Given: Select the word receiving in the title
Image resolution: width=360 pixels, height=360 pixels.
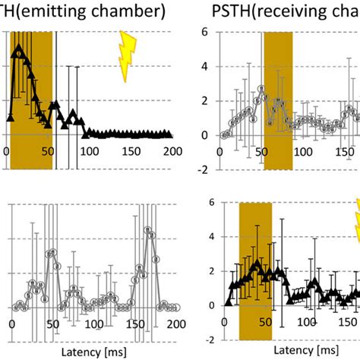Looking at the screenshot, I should tap(303, 11).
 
